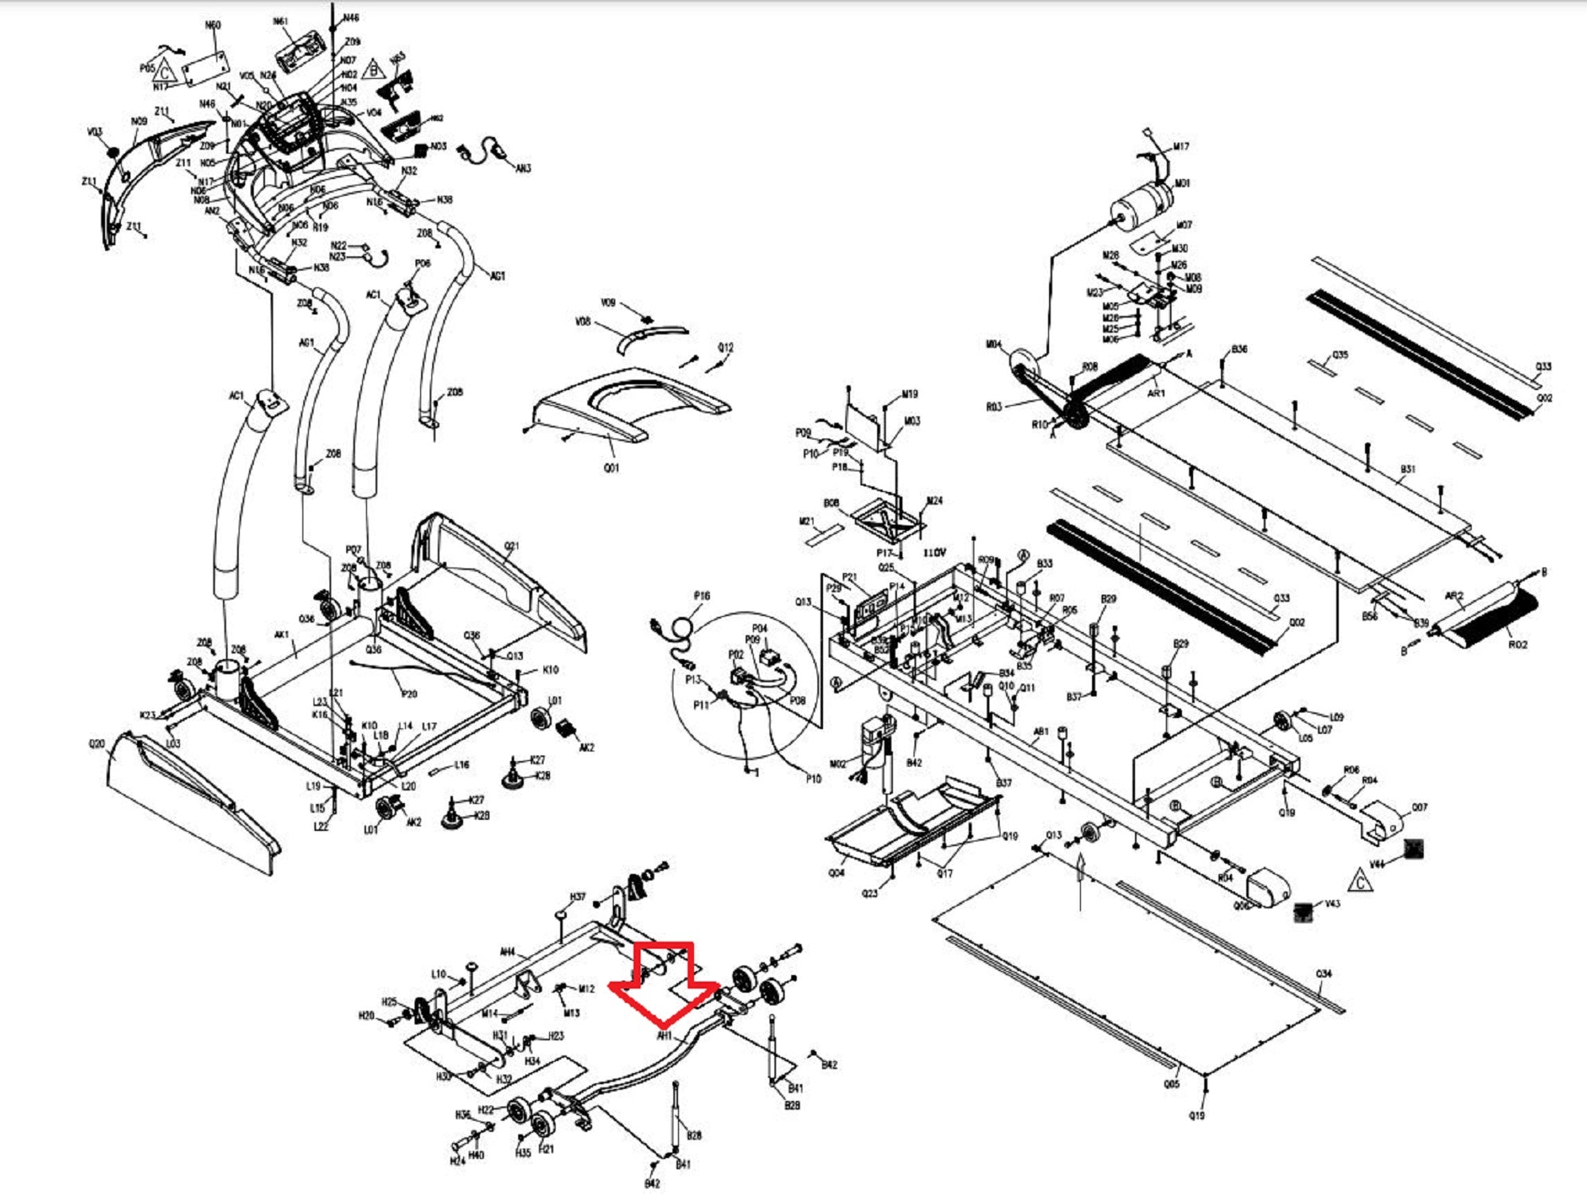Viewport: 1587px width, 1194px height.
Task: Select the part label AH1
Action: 665,1036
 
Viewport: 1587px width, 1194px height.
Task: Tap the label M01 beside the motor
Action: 1183,183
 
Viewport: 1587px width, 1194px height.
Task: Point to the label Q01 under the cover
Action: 610,468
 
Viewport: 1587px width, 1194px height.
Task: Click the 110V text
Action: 935,552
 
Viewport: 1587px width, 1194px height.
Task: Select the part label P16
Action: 701,595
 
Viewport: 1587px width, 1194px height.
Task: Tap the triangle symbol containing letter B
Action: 373,69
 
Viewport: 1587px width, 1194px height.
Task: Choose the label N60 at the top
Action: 213,25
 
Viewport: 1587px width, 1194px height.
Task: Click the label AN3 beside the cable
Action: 523,169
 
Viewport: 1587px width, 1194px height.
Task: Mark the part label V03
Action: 95,132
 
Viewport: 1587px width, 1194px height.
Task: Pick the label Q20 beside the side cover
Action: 96,743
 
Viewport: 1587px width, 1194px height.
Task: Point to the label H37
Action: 578,897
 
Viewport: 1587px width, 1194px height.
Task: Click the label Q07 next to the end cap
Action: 1419,807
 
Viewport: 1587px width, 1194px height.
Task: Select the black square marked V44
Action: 1413,849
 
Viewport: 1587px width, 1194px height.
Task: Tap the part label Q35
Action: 1340,355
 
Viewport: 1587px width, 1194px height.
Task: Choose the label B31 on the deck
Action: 1407,470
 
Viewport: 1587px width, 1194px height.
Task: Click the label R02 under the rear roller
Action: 1517,645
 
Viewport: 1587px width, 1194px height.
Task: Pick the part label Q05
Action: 1172,1083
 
